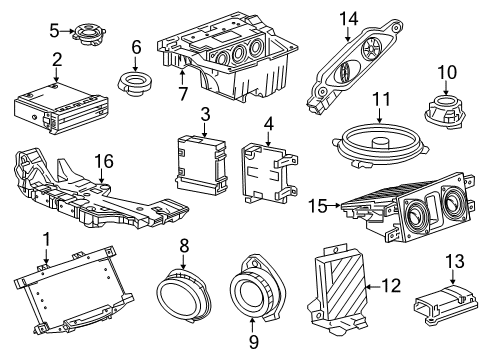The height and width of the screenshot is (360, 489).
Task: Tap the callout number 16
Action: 103,162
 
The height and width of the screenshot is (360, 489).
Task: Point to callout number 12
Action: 390,286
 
